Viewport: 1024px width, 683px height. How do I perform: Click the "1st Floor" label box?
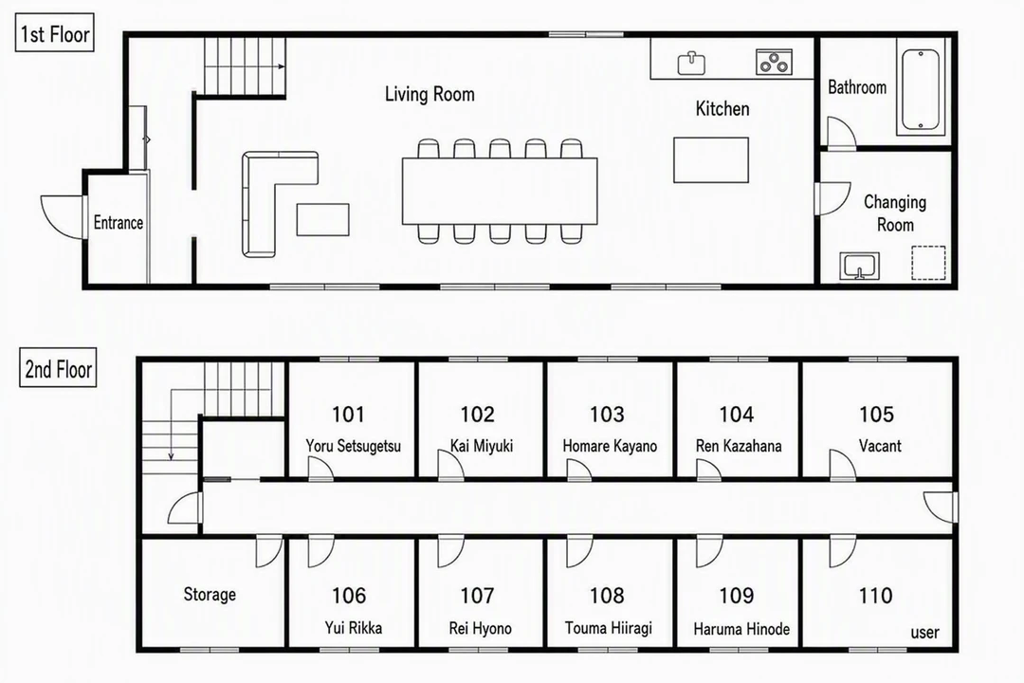point(54,32)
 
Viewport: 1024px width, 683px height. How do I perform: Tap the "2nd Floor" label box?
point(58,367)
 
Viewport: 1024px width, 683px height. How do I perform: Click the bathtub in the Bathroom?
point(920,91)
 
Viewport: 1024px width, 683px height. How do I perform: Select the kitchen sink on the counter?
point(691,63)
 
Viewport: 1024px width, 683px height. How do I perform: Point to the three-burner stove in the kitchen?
point(775,62)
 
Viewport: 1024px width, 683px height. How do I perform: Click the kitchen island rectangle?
point(711,159)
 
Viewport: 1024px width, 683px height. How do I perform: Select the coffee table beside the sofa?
point(322,219)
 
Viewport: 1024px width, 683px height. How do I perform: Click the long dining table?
point(500,191)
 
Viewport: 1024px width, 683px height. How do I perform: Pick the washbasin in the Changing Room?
point(859,266)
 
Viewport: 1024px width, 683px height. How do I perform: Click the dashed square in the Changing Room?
point(928,263)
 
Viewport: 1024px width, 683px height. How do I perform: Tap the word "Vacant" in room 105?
point(880,446)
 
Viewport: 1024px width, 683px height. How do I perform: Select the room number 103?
point(607,414)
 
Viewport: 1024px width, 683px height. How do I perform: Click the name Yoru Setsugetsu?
point(354,446)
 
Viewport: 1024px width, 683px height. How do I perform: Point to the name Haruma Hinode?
point(741,629)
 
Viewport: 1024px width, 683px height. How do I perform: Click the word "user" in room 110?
point(924,632)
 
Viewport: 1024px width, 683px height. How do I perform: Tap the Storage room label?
point(210,594)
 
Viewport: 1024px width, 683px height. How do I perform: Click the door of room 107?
point(450,551)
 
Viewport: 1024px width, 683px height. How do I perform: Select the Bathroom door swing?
point(841,132)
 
